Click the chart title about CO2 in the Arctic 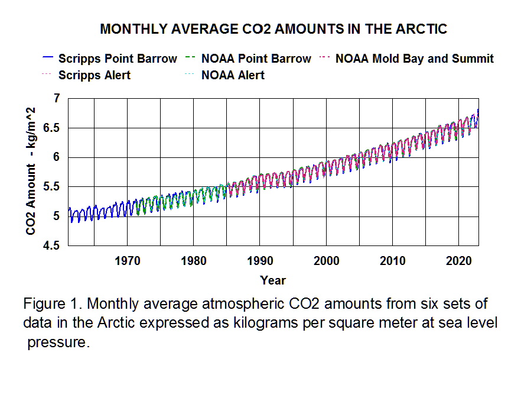(273, 29)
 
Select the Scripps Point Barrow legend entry (118, 59)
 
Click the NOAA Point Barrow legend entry (256, 59)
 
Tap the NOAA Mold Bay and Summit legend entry (414, 59)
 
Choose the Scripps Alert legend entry (95, 75)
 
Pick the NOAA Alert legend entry (233, 75)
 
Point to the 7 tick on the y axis (57, 98)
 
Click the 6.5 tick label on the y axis (53, 128)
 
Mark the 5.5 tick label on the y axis (53, 187)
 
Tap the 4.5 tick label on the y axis (53, 246)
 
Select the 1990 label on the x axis (260, 261)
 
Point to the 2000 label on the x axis (327, 261)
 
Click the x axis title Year (273, 280)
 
